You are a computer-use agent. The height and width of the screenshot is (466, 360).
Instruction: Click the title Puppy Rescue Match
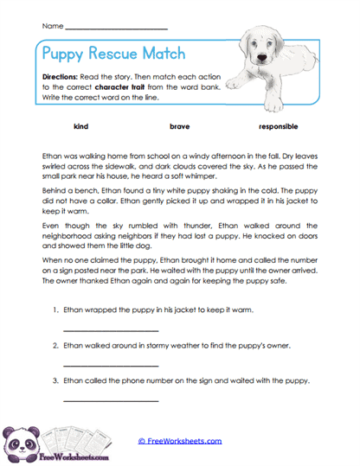pos(112,54)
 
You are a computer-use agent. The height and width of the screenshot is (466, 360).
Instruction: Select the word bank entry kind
pos(81,126)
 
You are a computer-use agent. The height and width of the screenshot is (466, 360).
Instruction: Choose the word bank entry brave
pos(180,126)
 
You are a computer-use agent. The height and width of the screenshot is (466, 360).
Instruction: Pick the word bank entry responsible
pos(277,126)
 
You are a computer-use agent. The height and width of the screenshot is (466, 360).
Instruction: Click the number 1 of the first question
pos(55,310)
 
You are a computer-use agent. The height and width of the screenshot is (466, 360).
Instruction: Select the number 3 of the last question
pos(55,380)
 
